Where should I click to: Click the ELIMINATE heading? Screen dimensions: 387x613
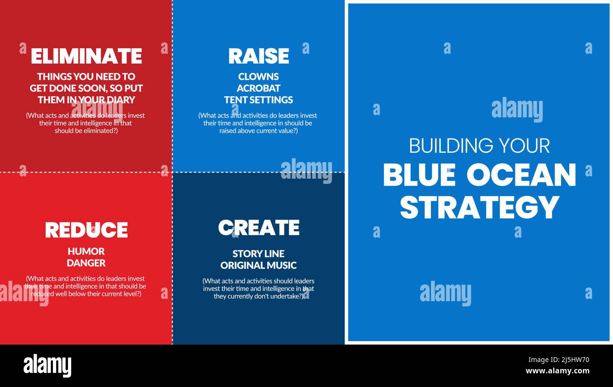[x=86, y=56]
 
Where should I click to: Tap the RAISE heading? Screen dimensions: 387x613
[x=258, y=56]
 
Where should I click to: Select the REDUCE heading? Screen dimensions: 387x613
[x=86, y=230]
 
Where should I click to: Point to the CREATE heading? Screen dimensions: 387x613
[x=258, y=228]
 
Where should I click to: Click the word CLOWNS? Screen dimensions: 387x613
[x=258, y=76]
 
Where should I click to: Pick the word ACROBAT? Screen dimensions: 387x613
[x=258, y=88]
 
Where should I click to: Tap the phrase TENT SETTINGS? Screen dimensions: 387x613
[x=258, y=100]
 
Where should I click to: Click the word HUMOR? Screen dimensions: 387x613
[x=86, y=251]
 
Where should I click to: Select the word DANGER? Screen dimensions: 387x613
[x=86, y=263]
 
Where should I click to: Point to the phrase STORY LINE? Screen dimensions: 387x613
[x=258, y=254]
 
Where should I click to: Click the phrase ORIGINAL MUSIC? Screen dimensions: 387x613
[x=258, y=265]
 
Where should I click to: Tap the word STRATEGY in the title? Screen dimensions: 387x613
[x=480, y=207]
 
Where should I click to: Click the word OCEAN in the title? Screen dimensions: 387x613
[x=521, y=175]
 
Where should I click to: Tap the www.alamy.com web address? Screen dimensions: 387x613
[x=557, y=371]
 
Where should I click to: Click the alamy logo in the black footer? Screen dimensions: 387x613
[x=47, y=365]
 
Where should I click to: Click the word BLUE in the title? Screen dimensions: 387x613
[x=419, y=175]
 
